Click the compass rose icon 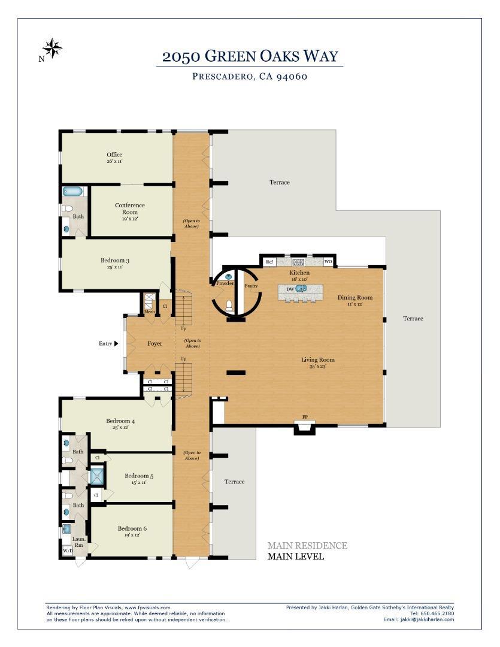click(52, 49)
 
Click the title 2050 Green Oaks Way click(250, 57)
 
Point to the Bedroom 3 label click(115, 261)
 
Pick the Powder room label click(225, 283)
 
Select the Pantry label click(251, 286)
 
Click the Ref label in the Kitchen click(269, 262)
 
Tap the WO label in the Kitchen click(328, 262)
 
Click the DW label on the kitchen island click(290, 289)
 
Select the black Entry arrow click(116, 343)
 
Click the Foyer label click(155, 344)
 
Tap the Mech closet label click(149, 312)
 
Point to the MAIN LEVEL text click(295, 557)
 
